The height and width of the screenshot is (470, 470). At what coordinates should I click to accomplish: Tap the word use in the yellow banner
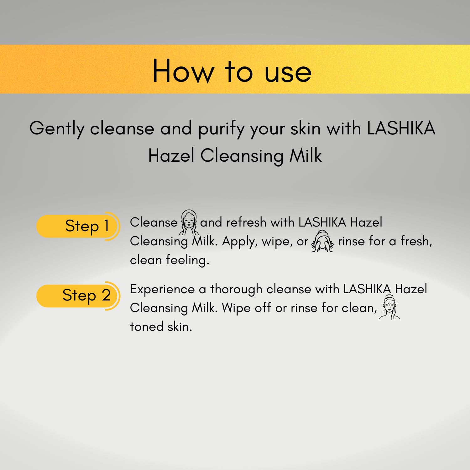coord(288,74)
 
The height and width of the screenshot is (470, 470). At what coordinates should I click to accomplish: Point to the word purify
coord(221,129)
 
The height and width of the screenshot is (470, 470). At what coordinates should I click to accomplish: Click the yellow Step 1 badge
coord(78,226)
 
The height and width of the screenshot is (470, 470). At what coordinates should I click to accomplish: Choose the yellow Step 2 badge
coord(78,296)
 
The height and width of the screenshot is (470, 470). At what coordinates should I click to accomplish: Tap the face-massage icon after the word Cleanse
coord(189,222)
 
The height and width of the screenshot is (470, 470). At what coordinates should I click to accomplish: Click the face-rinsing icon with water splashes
coord(323,241)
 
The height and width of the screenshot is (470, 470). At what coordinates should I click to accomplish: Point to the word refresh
coord(246,222)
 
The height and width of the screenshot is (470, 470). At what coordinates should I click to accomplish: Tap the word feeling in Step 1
coord(187,260)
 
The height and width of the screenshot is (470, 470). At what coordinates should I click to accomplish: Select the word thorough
coord(236,289)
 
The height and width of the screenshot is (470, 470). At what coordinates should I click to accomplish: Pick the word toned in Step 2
coord(147,327)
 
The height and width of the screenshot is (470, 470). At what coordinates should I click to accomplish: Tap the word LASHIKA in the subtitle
coord(401,128)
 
